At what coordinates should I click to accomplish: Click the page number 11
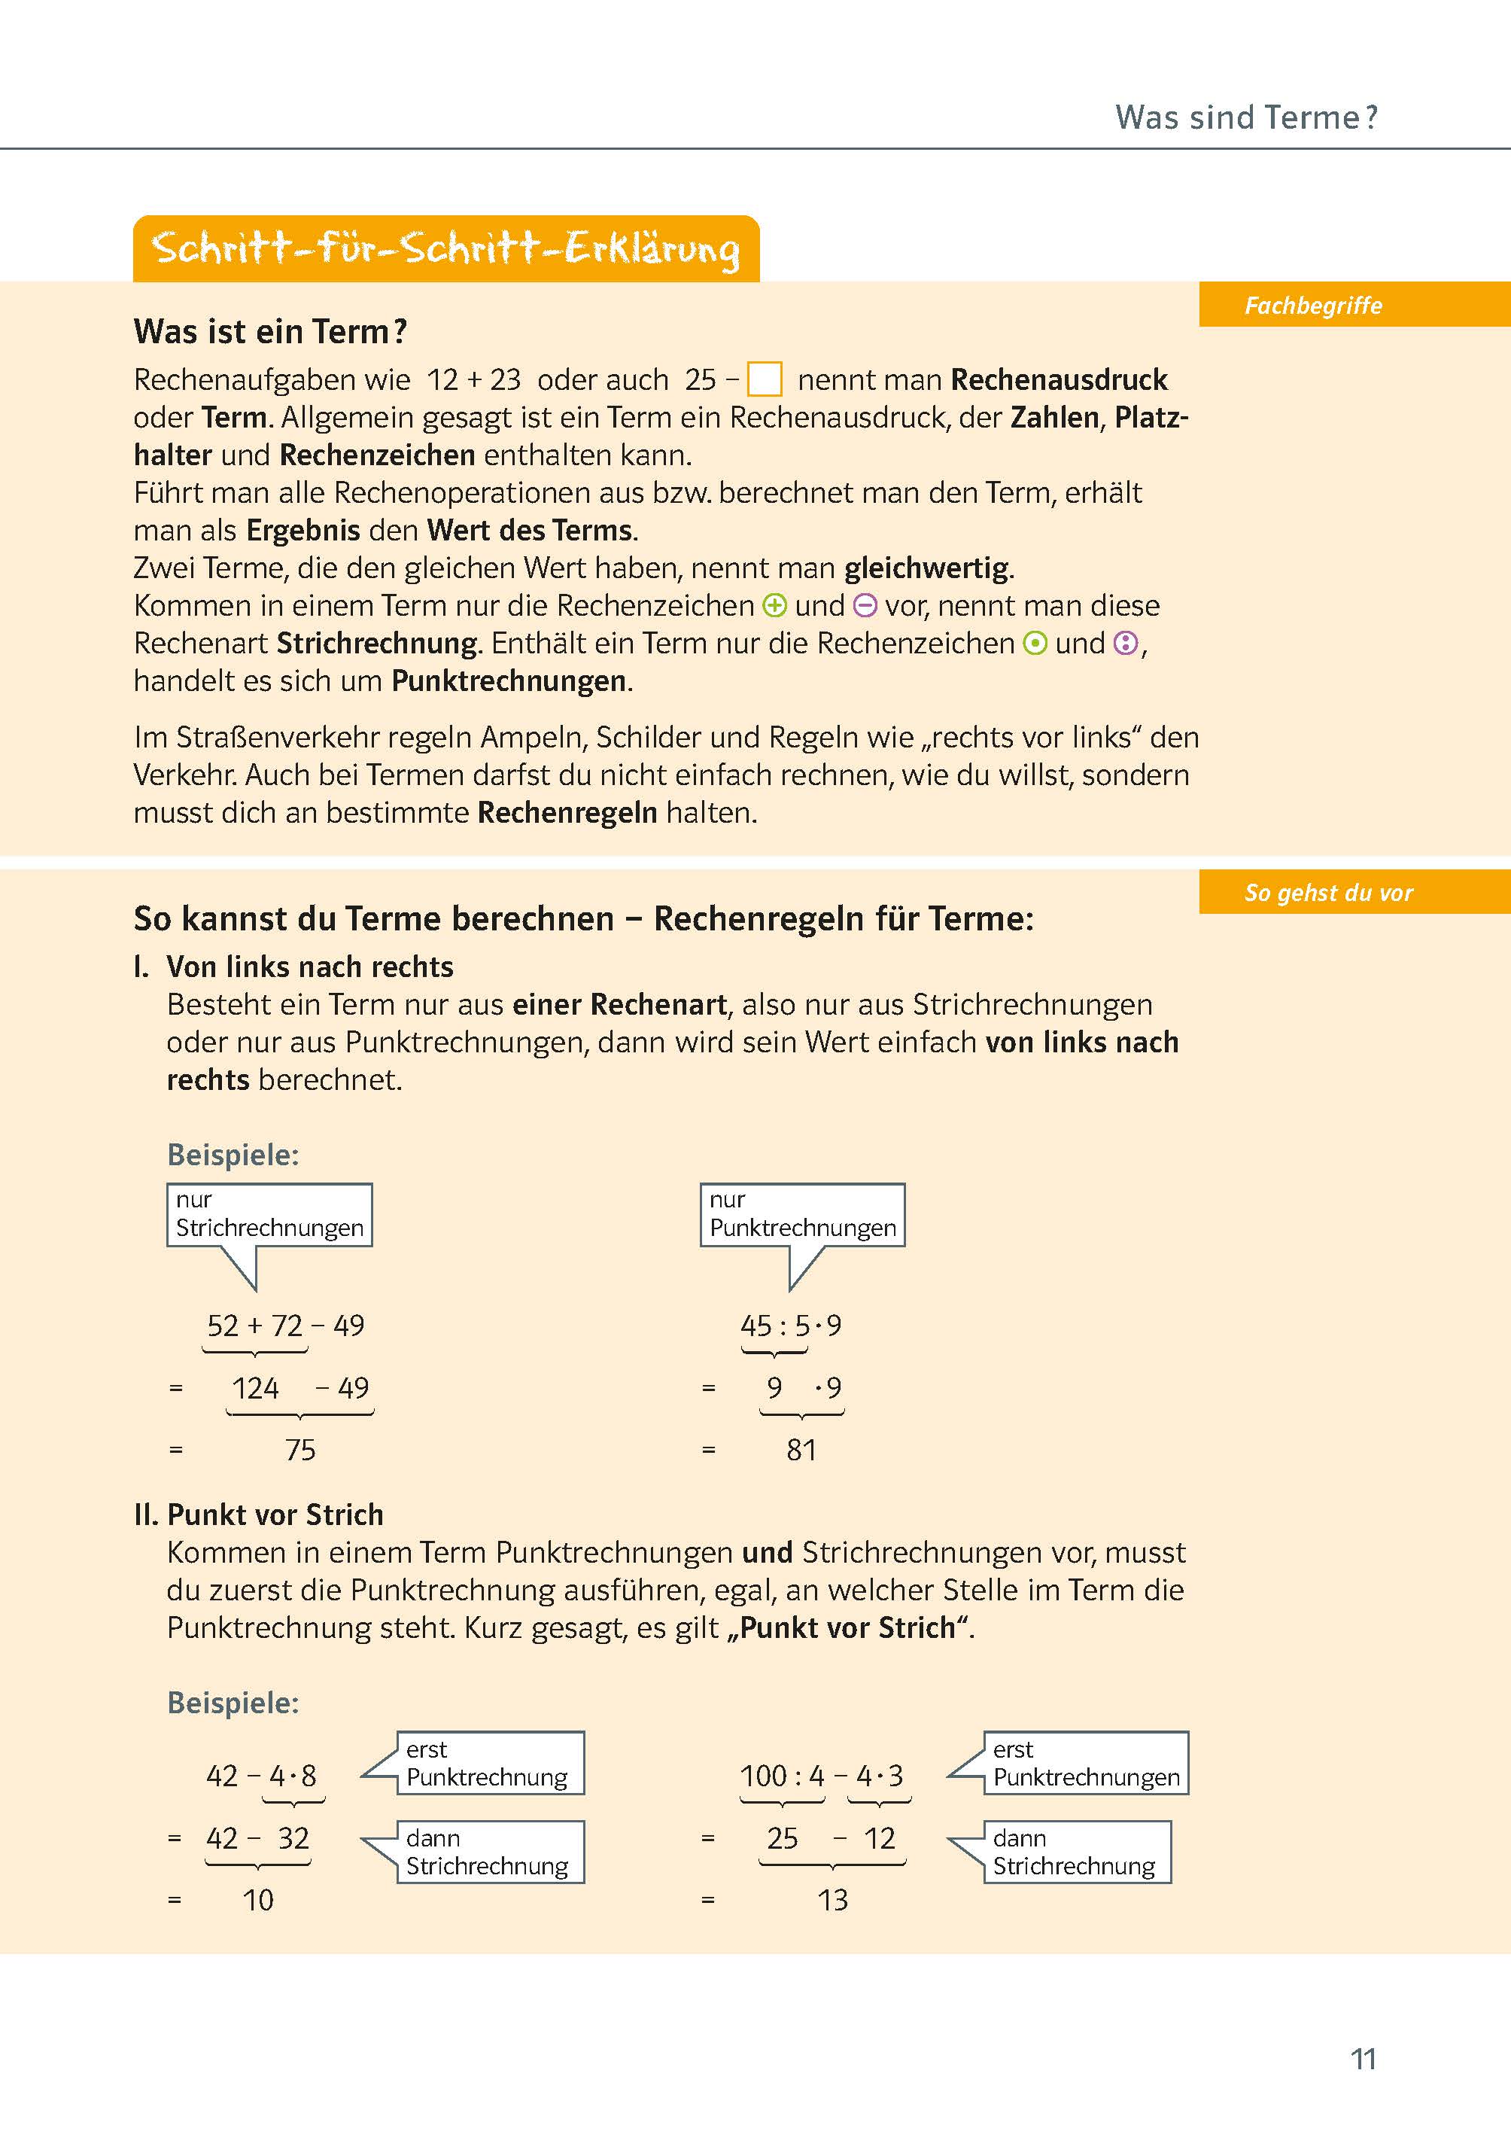point(1363,2059)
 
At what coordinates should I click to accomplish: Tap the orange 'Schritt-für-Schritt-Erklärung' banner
point(445,248)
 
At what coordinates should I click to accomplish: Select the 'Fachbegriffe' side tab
point(1313,306)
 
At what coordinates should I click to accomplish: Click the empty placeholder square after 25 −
point(764,379)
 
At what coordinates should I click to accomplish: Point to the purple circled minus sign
point(865,606)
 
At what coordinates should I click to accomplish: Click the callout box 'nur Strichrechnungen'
point(269,1214)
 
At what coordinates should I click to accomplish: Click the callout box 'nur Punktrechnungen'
point(802,1214)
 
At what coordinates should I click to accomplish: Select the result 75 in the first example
point(300,1450)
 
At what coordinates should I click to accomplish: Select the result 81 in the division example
point(801,1450)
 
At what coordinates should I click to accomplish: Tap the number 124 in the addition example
point(255,1389)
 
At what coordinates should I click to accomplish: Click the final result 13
point(833,1901)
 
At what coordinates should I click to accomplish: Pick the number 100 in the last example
point(763,1776)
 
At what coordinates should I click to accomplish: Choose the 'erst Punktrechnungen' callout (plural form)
point(1086,1764)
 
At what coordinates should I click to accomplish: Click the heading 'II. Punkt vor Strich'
point(259,1515)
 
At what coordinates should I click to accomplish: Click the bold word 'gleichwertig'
point(927,568)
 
